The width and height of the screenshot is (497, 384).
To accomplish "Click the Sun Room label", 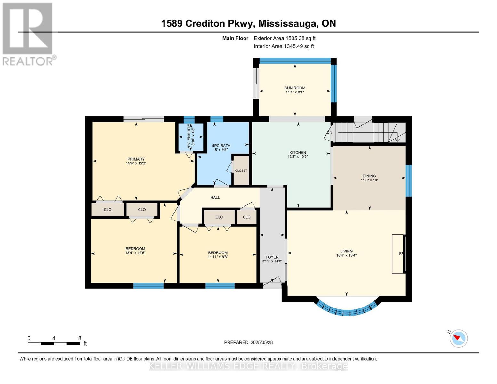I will pos(295,88).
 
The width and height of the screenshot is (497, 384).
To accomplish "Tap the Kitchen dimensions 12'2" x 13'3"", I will pos(298,157).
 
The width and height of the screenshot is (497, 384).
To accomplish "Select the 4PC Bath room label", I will pos(221,146).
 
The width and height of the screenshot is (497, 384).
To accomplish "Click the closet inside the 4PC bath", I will pos(241,171).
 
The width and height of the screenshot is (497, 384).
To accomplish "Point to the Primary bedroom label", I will pos(136,159).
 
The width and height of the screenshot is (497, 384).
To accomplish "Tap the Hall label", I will pos(215,197).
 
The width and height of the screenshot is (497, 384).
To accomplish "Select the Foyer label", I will pos(272,257).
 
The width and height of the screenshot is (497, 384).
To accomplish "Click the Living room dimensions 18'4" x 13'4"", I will pos(346,255).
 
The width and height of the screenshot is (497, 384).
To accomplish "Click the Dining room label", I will pos(369,176).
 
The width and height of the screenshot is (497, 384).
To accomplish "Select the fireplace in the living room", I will pos(398,254).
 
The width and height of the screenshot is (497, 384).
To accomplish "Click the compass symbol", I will pos(459,338).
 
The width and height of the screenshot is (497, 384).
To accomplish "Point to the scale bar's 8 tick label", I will pos(80,338).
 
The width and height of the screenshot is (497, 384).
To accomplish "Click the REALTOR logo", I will pos(28,34).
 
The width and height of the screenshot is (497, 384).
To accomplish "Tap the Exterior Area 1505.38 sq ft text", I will pos(285,38).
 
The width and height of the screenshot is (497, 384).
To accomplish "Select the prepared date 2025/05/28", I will pos(248,342).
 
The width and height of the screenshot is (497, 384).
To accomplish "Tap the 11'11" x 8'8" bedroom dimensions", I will pos(218,257).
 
